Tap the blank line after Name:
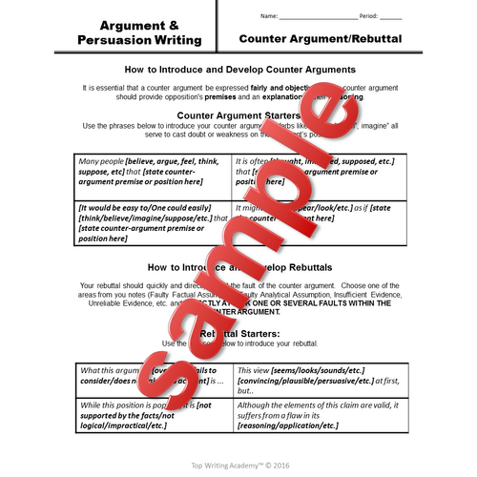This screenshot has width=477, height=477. coord(321,17)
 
